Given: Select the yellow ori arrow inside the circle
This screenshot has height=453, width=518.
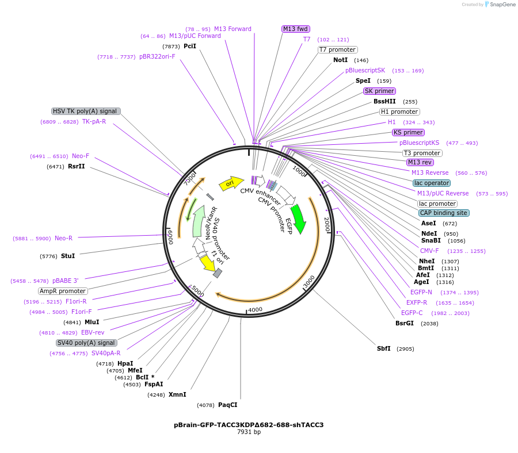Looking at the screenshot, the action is click(231, 183).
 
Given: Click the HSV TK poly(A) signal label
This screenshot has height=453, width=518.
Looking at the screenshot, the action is click(86, 112).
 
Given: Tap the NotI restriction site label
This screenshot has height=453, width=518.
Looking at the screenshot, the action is click(340, 60).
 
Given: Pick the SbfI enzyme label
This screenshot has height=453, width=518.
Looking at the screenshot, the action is click(383, 349).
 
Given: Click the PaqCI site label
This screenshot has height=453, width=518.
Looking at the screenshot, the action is click(227, 405).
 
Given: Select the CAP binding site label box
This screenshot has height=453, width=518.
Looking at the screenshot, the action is click(443, 213).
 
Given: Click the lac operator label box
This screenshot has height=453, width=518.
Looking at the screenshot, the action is click(431, 183).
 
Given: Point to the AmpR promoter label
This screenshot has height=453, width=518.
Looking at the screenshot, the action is click(63, 291).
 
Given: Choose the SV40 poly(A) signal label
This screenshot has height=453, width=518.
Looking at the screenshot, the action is click(86, 343).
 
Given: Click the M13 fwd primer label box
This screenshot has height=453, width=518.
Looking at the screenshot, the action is click(296, 29).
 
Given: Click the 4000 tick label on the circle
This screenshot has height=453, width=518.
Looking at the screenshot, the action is click(255, 309).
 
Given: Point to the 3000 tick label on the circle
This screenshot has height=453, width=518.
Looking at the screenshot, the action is click(309, 281).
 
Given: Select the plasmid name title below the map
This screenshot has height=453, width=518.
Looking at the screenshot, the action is click(249, 425).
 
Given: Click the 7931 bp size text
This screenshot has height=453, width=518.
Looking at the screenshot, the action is click(249, 432).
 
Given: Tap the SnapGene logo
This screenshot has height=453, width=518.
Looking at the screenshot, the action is click(499, 5).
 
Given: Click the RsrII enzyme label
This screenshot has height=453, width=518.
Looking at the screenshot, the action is click(76, 167).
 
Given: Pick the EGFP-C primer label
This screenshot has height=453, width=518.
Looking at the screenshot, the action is click(412, 313).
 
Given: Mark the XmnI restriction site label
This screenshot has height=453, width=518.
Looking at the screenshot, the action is click(177, 395).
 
